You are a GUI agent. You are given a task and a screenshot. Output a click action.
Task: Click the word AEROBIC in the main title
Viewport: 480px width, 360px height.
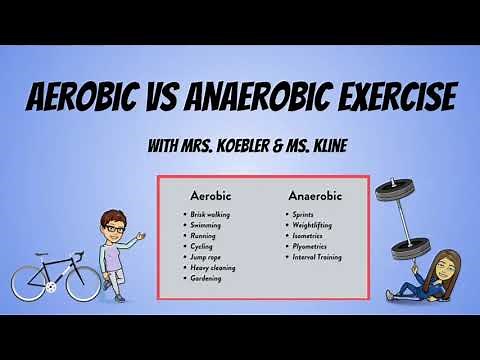pos(95,99)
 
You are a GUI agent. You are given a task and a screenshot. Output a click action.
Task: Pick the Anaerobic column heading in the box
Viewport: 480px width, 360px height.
pos(314,196)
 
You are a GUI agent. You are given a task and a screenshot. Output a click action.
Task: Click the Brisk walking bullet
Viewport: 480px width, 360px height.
pos(212,215)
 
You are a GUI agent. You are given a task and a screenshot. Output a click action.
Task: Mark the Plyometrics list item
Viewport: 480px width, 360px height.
pos(309,246)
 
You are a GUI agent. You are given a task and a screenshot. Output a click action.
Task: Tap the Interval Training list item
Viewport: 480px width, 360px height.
pos(317,257)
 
